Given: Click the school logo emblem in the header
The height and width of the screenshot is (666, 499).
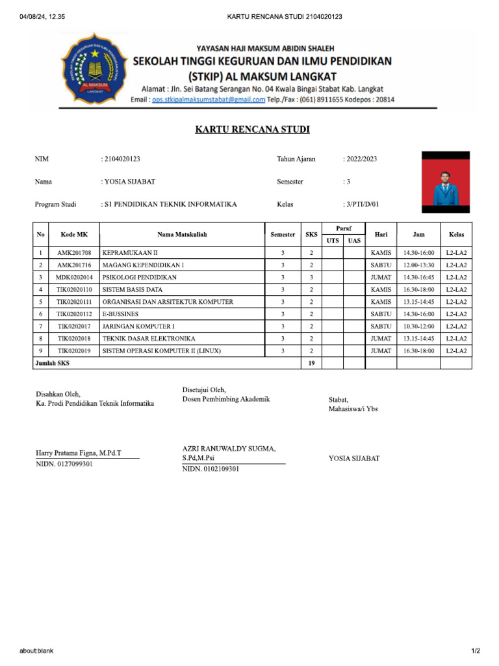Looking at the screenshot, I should tap(94, 69).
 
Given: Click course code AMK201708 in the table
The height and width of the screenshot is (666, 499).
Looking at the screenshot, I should tap(74, 252).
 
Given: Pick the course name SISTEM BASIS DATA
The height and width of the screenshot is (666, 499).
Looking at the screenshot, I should tap(133, 289).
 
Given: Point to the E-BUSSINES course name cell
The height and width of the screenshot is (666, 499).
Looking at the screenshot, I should tap(120, 314).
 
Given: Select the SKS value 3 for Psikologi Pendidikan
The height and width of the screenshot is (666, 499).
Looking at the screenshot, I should tap(311, 277).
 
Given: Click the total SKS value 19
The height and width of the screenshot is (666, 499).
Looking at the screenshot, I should tap(311, 364).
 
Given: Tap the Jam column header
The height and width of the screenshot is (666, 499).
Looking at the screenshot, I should tap(418, 234).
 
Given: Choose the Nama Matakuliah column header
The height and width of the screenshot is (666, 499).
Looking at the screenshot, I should tap(182, 234).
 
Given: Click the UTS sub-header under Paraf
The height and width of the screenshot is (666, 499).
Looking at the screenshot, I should tap(333, 241).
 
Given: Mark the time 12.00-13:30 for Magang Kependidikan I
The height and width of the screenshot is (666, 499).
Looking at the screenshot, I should tap(418, 265).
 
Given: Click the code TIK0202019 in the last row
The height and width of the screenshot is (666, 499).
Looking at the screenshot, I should tap(74, 351).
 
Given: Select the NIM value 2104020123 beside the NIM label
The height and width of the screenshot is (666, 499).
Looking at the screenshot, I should tap(123, 159).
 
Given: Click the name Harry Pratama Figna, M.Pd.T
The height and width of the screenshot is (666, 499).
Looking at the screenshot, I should tap(79, 452).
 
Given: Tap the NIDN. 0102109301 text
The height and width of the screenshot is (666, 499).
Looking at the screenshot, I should tap(211, 469).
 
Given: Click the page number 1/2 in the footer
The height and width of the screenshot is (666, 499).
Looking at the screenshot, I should tap(476, 651).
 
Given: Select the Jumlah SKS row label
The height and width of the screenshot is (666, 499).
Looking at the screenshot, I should tap(52, 364).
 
